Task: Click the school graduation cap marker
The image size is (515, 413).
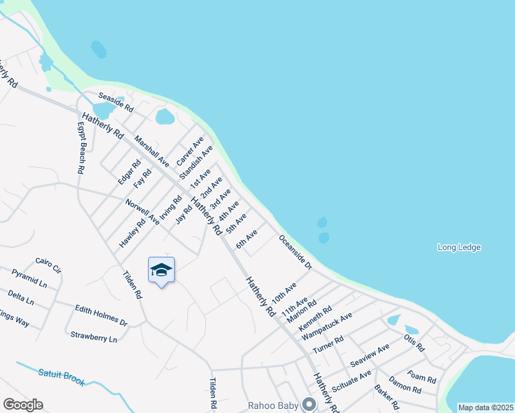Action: point(161,269)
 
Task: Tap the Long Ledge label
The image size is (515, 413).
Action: point(459,247)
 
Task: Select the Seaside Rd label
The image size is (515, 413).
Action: point(115,103)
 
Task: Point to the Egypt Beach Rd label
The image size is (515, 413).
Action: point(81,148)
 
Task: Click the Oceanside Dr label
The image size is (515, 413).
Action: point(296,252)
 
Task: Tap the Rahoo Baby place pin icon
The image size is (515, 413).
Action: point(310,404)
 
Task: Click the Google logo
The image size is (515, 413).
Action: point(23,405)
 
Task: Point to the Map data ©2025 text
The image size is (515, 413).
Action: point(485,407)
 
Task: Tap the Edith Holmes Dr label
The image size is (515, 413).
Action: point(101,316)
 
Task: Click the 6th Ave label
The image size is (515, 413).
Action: point(246,240)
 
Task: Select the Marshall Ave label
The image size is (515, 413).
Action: point(151,151)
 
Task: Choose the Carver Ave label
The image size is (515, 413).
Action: point(190,151)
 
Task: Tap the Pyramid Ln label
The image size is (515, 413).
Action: point(29,278)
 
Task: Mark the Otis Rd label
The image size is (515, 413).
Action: point(414,342)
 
